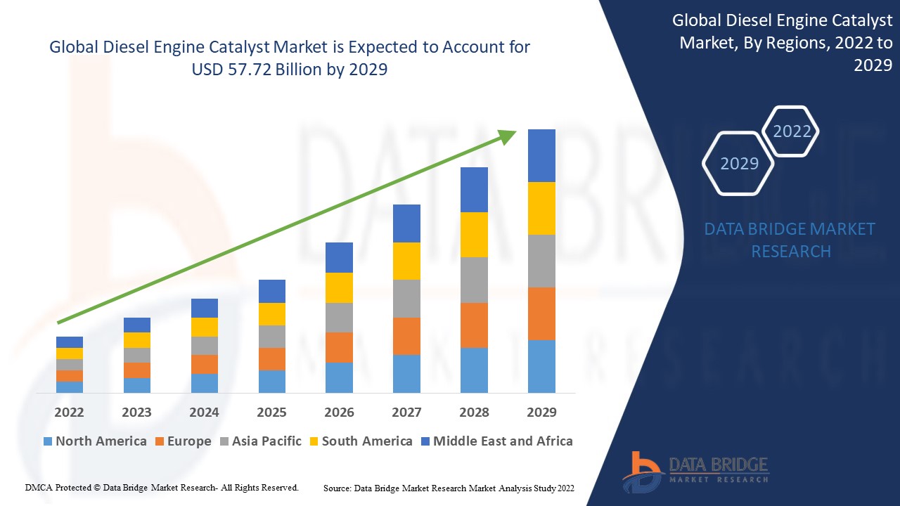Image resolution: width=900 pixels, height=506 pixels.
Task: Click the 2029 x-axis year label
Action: click(x=541, y=412)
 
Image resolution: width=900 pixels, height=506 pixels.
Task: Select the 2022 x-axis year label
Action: click(x=69, y=412)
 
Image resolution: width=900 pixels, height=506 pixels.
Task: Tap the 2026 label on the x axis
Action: click(x=339, y=412)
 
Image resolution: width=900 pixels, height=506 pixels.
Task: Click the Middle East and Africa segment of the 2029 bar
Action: click(x=541, y=155)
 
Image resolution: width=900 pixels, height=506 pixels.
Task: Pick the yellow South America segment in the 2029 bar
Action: click(x=541, y=208)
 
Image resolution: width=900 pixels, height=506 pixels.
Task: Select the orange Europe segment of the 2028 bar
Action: click(x=474, y=325)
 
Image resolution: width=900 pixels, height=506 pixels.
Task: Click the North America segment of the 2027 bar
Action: click(x=406, y=373)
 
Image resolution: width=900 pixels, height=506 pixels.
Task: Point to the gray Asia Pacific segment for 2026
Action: click(x=339, y=317)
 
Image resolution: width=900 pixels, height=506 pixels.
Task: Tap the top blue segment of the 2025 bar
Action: click(x=272, y=291)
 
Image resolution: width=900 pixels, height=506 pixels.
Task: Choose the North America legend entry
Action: click(x=95, y=441)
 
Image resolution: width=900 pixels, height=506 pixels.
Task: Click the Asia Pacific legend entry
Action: click(x=261, y=441)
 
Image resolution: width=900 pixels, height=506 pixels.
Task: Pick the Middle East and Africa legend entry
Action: click(x=496, y=441)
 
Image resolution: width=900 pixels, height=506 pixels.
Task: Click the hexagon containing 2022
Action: click(x=792, y=131)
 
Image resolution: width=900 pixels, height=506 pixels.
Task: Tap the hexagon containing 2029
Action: click(x=739, y=164)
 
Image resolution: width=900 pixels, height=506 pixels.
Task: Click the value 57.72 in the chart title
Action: click(x=246, y=70)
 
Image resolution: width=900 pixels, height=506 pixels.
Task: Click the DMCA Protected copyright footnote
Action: click(x=162, y=487)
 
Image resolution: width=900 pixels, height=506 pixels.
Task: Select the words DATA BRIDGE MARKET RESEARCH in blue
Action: click(x=790, y=240)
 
